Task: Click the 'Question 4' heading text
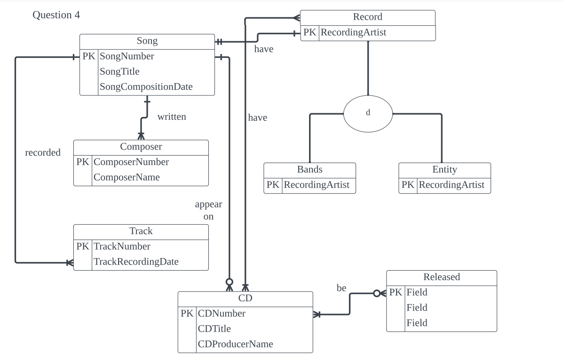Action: [56, 15]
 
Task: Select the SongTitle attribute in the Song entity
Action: [119, 71]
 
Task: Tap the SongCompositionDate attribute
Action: [146, 87]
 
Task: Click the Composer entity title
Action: [141, 147]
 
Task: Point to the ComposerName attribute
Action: [127, 177]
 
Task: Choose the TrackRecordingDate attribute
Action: [136, 262]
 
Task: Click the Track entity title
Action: [141, 231]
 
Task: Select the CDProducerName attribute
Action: [235, 344]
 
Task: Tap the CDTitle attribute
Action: [214, 329]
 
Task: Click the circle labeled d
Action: [368, 113]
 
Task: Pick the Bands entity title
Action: [309, 169]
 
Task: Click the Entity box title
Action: [444, 169]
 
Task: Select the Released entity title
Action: [441, 277]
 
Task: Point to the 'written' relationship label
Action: [172, 117]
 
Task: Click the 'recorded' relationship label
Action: [43, 153]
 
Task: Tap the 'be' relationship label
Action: [341, 288]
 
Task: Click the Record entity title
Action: [367, 17]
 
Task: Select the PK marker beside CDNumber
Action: [187, 313]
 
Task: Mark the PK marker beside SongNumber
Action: [89, 56]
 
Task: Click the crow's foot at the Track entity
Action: [69, 263]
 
